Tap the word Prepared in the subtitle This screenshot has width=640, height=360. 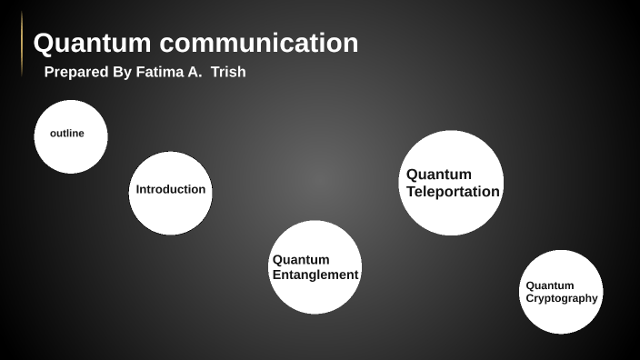click(76, 72)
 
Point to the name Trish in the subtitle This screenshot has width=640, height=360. click(228, 72)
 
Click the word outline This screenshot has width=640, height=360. click(67, 134)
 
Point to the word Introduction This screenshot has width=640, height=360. click(171, 190)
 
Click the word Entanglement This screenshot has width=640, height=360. click(315, 275)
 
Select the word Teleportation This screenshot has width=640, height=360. click(453, 192)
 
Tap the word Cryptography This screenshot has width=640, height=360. click(562, 298)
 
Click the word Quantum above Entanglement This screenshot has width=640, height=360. click(301, 260)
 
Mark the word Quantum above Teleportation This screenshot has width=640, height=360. click(439, 175)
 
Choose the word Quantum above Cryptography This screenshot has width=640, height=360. click(550, 285)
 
